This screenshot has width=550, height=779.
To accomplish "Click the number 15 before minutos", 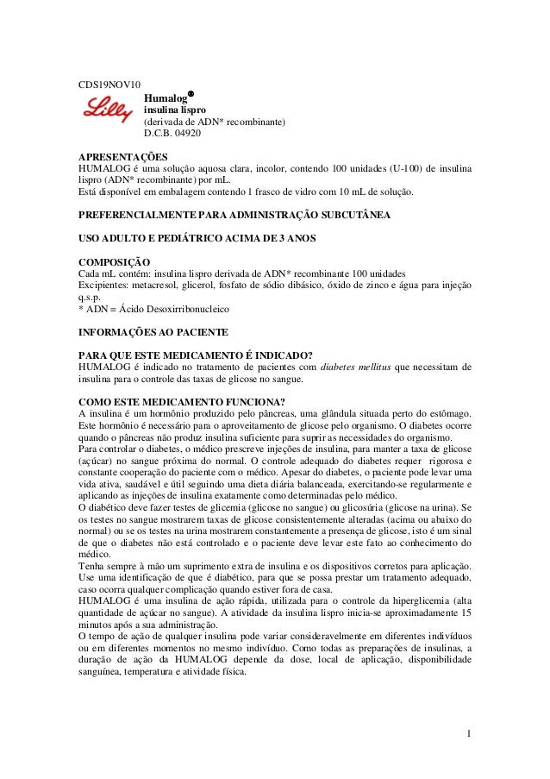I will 466,612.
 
